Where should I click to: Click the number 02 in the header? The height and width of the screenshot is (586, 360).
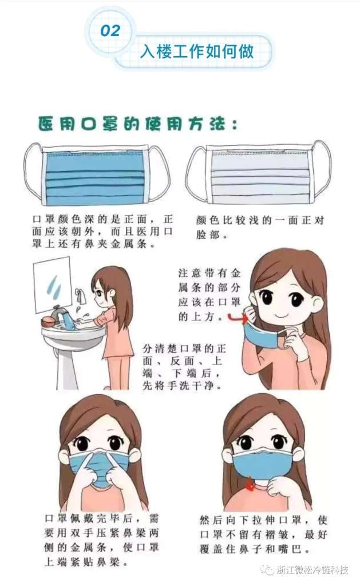coord(110,31)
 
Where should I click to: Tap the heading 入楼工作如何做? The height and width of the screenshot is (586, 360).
coord(197,51)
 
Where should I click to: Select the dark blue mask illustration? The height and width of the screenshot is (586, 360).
coord(96,173)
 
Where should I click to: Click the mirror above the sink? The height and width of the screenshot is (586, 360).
coord(52,284)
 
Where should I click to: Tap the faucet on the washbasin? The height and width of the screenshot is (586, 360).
coord(60,315)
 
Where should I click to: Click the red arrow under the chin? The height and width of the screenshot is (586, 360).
coord(250,485)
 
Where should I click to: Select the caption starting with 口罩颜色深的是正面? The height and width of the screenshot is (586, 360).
coord(102,231)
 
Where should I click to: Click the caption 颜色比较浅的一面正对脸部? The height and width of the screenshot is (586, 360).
coord(260,227)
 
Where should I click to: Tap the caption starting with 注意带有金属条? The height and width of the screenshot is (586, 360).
coord(209,295)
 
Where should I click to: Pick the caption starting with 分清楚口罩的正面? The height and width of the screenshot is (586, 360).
coord(184,367)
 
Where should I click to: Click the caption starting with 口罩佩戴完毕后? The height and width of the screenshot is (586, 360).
coord(101,540)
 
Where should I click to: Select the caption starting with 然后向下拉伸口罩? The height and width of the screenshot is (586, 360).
coord(263,534)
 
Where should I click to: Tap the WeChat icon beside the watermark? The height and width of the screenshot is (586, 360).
coord(267,570)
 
